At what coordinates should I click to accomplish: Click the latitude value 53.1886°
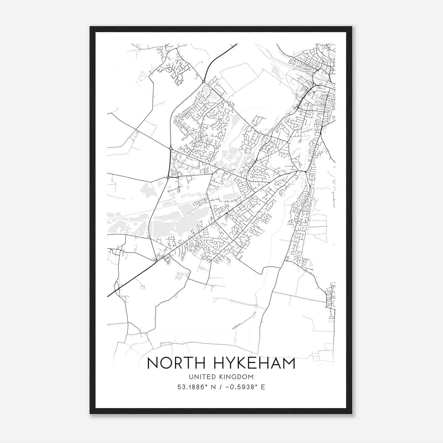[x=193, y=387]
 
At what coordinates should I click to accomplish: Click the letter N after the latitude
[x=213, y=387]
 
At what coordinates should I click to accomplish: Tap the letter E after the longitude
[x=263, y=387]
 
